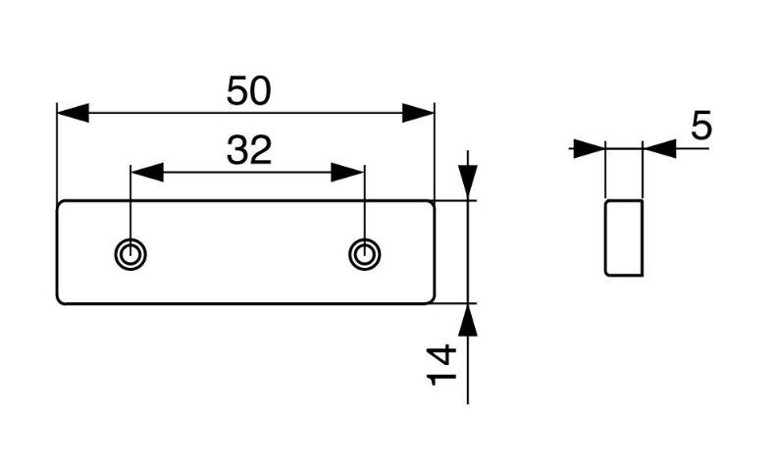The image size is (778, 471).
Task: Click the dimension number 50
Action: click(x=248, y=91)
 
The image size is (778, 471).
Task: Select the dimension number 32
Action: click(x=249, y=150)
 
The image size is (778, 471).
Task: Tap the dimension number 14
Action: click(x=441, y=365)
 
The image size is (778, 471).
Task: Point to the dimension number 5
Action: click(x=701, y=126)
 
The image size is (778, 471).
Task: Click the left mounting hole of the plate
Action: click(x=130, y=254)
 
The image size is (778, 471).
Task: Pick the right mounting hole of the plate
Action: click(x=365, y=254)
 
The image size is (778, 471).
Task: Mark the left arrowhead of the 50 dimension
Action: click(x=73, y=113)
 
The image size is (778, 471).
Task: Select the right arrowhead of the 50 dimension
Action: click(x=418, y=113)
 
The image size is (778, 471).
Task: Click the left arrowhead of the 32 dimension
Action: click(x=147, y=173)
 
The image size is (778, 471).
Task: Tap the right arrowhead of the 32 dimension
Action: click(x=348, y=173)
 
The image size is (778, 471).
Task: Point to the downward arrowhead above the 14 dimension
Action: click(x=468, y=183)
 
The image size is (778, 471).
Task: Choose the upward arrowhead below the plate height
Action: click(x=468, y=320)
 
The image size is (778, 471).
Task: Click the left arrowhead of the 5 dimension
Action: click(x=590, y=148)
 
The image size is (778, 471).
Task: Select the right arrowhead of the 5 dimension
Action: click(x=659, y=148)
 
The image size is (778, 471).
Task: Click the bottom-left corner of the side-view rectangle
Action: click(x=606, y=274)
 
